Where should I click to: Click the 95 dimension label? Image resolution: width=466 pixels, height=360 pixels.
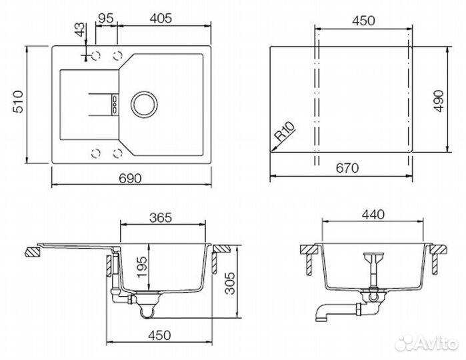(x=105, y=18)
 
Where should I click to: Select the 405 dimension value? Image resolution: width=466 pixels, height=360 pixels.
(x=161, y=18)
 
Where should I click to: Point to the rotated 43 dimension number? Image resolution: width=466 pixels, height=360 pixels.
(x=79, y=30)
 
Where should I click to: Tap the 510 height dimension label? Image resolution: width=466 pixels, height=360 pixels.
(x=18, y=102)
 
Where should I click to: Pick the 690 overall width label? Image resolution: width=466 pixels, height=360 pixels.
(x=130, y=179)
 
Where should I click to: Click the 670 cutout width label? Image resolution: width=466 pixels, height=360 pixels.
(x=347, y=168)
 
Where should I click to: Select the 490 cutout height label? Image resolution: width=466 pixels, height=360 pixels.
(x=439, y=101)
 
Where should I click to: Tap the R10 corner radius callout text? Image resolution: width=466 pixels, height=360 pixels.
(x=285, y=131)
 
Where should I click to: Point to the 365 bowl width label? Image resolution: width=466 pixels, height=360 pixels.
(x=161, y=217)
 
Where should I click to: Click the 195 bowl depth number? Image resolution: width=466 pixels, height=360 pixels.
(x=143, y=267)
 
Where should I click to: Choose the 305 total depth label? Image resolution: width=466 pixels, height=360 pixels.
(x=229, y=283)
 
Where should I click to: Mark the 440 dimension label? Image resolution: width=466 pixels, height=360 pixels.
(x=373, y=215)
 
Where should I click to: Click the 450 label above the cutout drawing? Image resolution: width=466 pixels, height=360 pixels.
(x=363, y=21)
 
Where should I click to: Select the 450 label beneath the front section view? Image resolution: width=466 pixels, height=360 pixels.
(x=159, y=335)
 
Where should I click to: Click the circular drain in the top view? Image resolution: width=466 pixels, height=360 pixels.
(x=144, y=105)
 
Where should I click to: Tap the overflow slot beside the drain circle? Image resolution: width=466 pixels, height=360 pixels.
(x=115, y=105)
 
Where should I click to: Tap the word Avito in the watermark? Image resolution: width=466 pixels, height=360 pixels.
(x=436, y=343)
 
